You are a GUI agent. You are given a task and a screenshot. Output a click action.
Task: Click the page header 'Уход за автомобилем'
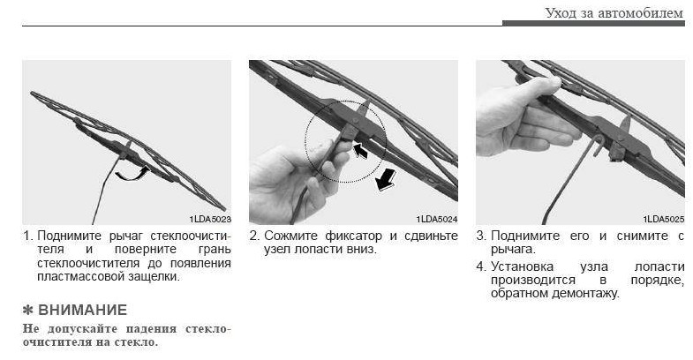click(x=614, y=13)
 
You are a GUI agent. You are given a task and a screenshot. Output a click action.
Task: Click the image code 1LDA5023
click(x=210, y=219)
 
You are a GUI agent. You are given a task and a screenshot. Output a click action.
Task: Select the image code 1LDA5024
click(x=437, y=219)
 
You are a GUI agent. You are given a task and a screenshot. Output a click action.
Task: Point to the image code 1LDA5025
click(x=664, y=219)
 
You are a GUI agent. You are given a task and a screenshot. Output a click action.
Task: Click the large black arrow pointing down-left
click(x=385, y=180)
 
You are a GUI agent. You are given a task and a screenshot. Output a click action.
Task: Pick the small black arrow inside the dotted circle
click(x=360, y=150)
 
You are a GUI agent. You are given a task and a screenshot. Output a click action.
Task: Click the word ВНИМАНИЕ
click(x=83, y=310)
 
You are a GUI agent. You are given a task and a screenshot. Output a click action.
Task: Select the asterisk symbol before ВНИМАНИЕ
click(x=28, y=310)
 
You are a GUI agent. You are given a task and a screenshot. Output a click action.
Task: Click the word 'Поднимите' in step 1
click(x=70, y=236)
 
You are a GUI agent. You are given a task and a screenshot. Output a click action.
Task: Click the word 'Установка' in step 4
click(x=522, y=266)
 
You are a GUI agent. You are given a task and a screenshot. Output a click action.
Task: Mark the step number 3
click(x=481, y=236)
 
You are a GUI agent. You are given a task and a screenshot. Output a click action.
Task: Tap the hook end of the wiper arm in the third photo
click(x=599, y=145)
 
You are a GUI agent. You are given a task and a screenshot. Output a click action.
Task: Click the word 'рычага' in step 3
click(x=512, y=250)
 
